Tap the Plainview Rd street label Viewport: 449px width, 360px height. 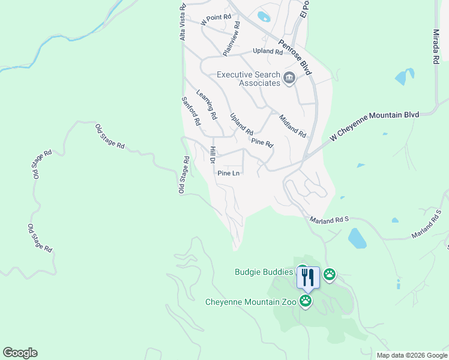231,39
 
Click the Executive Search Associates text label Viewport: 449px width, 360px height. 249,79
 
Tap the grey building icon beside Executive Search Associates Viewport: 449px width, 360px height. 289,79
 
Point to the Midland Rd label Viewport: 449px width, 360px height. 292,125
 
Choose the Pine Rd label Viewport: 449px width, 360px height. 262,143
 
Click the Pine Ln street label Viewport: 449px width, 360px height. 228,173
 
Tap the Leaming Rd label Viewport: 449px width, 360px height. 206,104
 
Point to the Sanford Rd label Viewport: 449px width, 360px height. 191,111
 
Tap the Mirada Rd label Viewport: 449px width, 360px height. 436,46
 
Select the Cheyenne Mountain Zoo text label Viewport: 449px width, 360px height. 251,302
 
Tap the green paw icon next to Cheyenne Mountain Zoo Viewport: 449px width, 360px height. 306,301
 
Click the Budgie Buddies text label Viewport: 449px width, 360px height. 263,272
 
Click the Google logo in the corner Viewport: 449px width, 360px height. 20,353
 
